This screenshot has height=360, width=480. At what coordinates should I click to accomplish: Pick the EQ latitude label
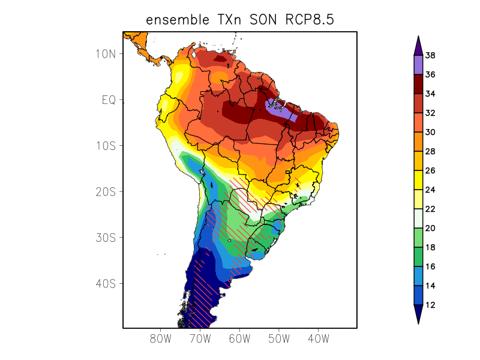pos(108,100)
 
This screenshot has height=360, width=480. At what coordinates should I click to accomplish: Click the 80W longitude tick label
pos(160,338)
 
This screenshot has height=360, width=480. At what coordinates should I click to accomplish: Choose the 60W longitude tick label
pos(239,338)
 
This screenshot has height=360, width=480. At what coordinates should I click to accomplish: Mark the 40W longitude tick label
pos(318,338)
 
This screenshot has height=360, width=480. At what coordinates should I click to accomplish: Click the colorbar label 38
pos(430,56)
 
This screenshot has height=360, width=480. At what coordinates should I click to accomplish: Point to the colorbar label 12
pos(430,305)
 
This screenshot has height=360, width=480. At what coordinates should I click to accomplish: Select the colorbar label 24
pos(430,190)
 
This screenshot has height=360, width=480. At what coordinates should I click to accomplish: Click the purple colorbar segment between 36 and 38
pos(418,65)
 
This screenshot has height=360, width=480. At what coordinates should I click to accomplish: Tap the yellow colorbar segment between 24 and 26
pos(418,180)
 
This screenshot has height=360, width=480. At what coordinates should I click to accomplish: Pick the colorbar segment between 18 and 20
pos(418,238)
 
